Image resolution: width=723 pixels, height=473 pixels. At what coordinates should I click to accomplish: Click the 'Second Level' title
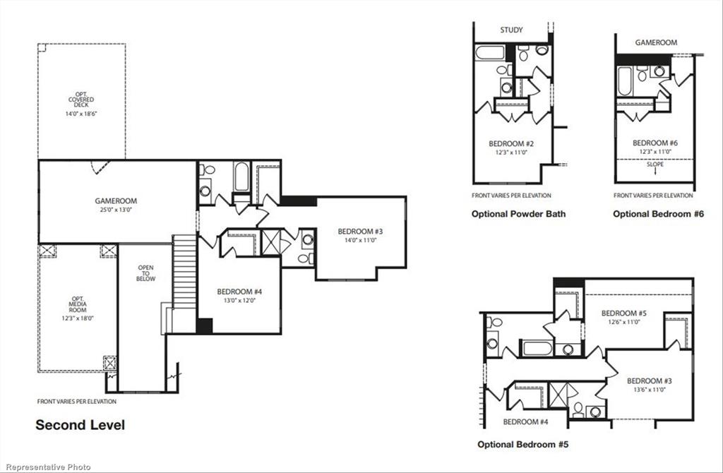80,425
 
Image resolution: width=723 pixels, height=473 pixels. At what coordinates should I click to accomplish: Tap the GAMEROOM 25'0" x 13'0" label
116,205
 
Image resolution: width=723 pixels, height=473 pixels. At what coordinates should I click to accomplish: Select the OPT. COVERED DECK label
81,103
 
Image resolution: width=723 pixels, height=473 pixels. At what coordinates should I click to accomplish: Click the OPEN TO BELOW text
145,273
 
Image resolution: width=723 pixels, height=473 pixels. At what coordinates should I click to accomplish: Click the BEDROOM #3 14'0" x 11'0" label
360,235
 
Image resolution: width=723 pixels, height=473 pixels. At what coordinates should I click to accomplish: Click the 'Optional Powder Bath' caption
518,214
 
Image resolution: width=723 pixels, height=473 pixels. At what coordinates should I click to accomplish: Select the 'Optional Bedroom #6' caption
658,214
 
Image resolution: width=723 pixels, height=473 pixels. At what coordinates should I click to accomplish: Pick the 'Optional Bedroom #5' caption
522,445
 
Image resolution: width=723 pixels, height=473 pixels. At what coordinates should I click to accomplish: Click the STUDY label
512,30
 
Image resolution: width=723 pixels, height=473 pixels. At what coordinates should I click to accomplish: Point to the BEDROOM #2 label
512,147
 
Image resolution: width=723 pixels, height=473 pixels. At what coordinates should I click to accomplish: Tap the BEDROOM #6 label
654,146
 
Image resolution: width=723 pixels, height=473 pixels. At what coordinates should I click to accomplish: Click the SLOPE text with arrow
655,167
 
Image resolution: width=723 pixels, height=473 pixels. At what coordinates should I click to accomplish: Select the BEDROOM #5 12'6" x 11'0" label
623,317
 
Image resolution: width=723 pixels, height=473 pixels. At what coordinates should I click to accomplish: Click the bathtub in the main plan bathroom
241,176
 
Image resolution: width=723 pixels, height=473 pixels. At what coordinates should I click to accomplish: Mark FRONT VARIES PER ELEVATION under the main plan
77,402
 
